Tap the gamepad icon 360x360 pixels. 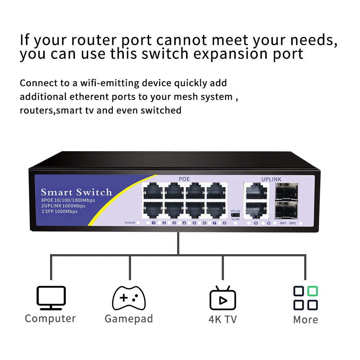pyautogui.click(x=129, y=298)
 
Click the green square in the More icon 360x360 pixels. pyautogui.click(x=312, y=291)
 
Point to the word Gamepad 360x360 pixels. pyautogui.click(x=129, y=319)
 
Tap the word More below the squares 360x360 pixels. pyautogui.click(x=305, y=320)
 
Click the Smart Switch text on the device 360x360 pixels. pyautogui.click(x=76, y=192)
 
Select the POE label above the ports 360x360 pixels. pyautogui.click(x=184, y=179)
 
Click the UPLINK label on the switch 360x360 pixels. pyautogui.click(x=271, y=179)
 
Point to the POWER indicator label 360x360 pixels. pyautogui.click(x=130, y=223)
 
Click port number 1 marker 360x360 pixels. pyautogui.click(x=154, y=223)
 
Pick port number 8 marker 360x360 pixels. pyautogui.click(x=224, y=223)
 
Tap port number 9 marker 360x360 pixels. pyautogui.click(x=256, y=223)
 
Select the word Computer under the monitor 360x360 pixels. pyautogui.click(x=50, y=319)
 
